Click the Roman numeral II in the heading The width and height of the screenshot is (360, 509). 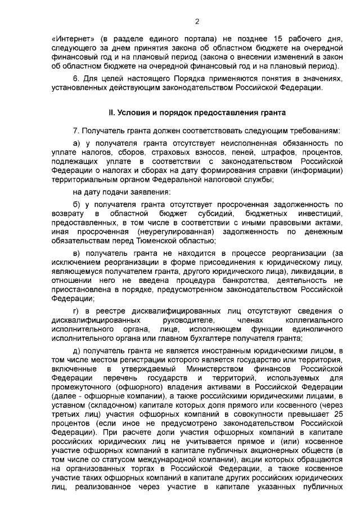[112, 112]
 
